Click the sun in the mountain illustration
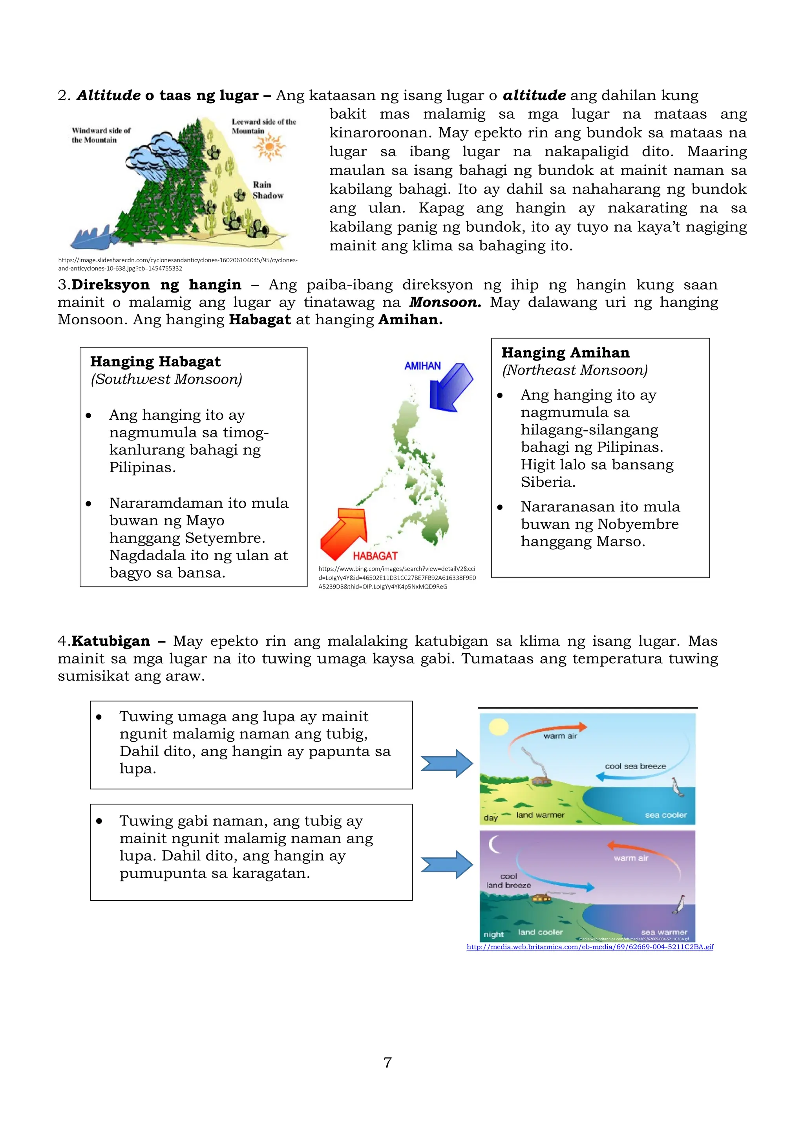point(269,147)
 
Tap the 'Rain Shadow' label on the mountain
point(267,190)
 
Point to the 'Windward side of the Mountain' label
point(100,135)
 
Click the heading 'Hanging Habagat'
point(155,362)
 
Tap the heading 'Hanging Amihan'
point(565,353)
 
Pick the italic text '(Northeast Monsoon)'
point(575,370)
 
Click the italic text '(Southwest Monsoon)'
point(166,379)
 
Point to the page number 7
point(387,1062)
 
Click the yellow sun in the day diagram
point(498,728)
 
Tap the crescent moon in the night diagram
point(495,845)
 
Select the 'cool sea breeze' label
point(635,766)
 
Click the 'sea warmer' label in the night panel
point(664,932)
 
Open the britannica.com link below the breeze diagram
point(590,947)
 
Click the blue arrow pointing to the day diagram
point(446,763)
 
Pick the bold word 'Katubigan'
point(110,641)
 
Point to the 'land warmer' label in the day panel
point(540,815)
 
